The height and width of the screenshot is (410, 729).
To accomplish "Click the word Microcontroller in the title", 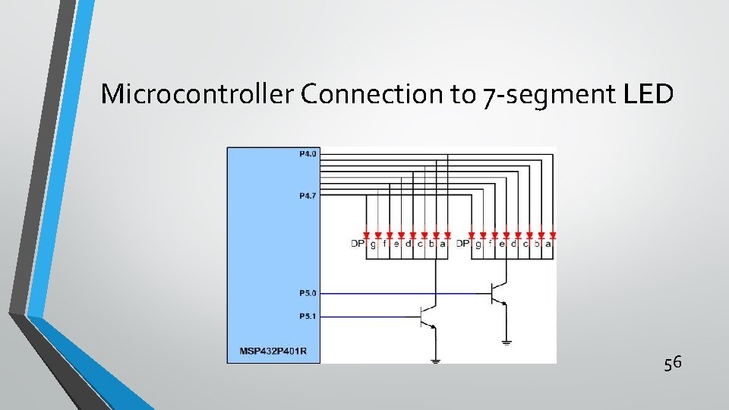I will tap(197, 94).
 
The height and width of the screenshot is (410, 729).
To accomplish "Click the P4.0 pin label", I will tap(308, 154).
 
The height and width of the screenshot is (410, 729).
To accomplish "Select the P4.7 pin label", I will tap(308, 196).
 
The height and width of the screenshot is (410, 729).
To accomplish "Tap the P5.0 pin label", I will tap(308, 292).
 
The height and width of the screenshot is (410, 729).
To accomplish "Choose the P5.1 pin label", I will tap(308, 317).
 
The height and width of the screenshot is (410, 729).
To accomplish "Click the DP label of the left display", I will tap(357, 244).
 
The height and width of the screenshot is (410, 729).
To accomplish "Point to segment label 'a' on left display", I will tap(442, 244).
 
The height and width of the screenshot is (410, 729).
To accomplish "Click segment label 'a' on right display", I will tap(548, 244).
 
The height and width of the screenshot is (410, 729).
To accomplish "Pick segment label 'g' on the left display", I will tap(372, 244).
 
